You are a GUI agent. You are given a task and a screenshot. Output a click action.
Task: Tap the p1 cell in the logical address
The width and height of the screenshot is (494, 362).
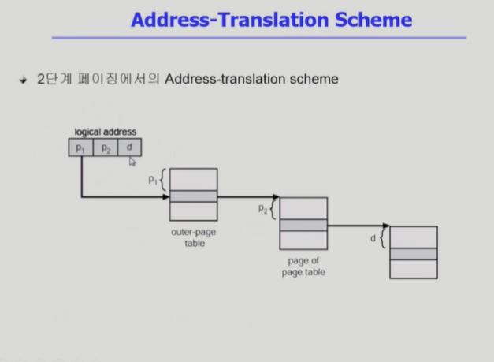[x=80, y=147]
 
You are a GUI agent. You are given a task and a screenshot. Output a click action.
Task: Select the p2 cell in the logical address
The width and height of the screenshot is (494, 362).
[x=105, y=147]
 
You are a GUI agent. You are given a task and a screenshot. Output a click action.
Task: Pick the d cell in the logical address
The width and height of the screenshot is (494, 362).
[x=129, y=147]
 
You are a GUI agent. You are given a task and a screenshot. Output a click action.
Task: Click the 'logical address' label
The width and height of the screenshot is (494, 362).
[x=105, y=132]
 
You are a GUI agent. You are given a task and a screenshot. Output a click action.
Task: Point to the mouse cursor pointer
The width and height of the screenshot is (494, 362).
[x=132, y=161]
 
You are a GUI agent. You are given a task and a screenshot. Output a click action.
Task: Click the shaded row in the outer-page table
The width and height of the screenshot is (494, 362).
[x=193, y=196]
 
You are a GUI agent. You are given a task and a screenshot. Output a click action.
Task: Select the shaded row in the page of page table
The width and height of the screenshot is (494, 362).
[x=303, y=225]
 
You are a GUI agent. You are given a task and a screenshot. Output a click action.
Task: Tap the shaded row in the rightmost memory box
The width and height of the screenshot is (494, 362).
[x=414, y=254]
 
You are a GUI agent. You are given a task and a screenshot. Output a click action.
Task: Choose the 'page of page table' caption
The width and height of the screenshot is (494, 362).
[x=303, y=267]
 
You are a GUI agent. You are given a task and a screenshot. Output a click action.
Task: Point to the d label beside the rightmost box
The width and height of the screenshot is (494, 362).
[x=373, y=237]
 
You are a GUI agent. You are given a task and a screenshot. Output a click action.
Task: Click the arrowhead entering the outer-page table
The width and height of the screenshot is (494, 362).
[x=165, y=196]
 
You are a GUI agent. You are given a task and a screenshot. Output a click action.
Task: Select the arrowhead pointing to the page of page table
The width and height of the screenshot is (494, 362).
[x=276, y=197]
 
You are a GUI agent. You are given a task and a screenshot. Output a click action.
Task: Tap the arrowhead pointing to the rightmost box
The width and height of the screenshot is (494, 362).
[x=386, y=226]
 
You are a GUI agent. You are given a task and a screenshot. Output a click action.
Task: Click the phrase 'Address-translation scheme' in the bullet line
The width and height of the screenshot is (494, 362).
[x=253, y=80]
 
